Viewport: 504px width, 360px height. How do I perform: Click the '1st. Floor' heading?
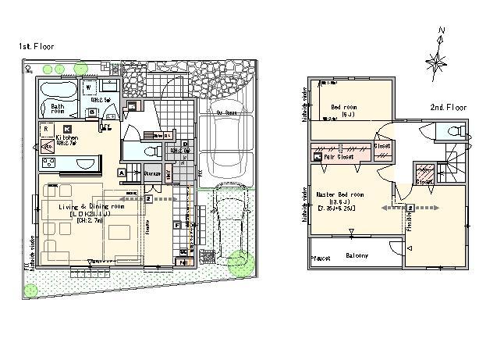click(x=36, y=48)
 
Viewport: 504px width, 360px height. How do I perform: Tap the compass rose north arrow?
click(x=438, y=57)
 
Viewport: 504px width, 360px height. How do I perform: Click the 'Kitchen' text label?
click(x=66, y=137)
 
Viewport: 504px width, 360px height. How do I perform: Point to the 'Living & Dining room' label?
click(x=91, y=206)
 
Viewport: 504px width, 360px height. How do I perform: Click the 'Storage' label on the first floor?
click(x=151, y=173)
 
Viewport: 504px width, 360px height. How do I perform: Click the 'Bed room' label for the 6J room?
click(x=343, y=107)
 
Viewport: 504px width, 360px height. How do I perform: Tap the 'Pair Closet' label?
click(x=340, y=157)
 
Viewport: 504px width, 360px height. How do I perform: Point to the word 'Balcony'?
click(x=357, y=255)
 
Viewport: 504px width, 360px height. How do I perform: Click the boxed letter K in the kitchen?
click(x=67, y=127)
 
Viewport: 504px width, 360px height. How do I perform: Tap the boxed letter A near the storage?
click(x=122, y=172)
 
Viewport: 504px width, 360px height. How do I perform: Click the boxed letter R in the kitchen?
click(x=47, y=127)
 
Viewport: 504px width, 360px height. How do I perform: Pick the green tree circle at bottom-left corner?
click(x=30, y=290)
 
